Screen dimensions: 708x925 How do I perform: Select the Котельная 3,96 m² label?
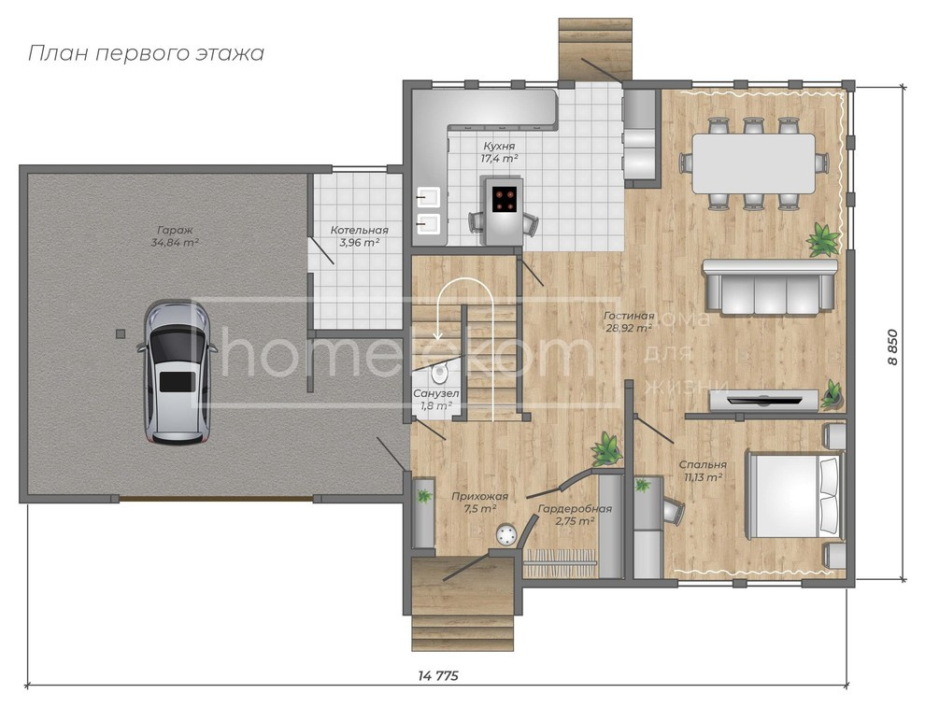click(359, 236)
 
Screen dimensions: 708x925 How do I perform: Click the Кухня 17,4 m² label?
click(499, 153)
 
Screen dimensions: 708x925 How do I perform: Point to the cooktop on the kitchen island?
click(505, 199)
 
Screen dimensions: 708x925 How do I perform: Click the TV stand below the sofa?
click(763, 401)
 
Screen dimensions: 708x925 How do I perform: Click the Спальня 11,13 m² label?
click(701, 470)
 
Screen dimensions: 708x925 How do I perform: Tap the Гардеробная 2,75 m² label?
click(575, 515)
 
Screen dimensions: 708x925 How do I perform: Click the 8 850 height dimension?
click(892, 347)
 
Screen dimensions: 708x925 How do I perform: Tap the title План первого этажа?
click(146, 53)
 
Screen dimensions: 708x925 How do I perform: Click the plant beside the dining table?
click(823, 238)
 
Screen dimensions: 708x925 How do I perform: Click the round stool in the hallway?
click(506, 534)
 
